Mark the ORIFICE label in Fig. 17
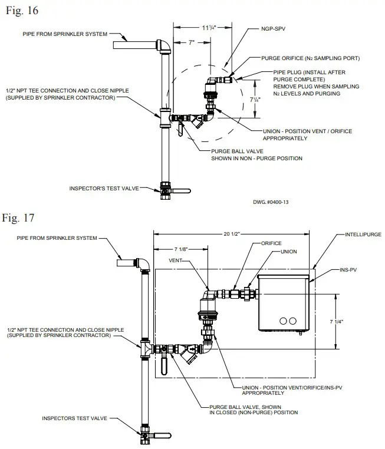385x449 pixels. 272,243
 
